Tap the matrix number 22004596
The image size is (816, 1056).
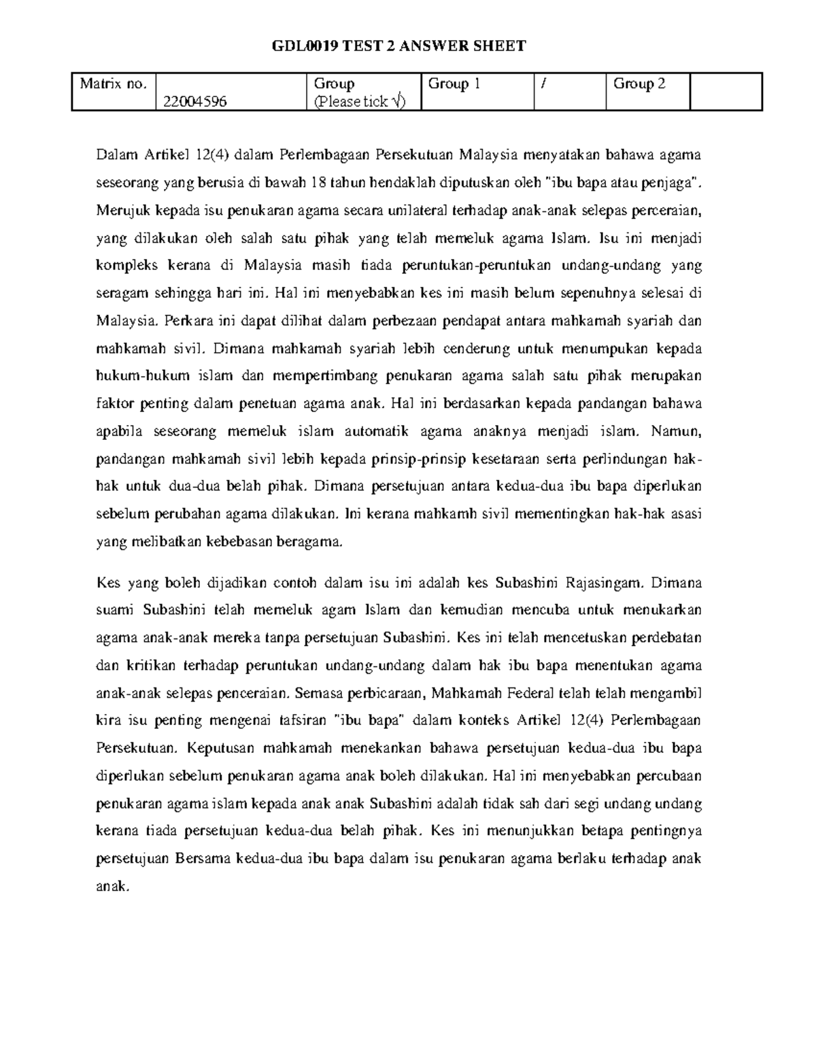coord(195,102)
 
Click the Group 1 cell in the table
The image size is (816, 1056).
coord(454,84)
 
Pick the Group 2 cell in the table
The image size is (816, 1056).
coord(639,84)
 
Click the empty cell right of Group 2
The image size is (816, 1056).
coord(725,92)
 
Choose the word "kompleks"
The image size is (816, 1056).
coord(124,266)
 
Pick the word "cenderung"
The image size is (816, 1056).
coord(476,349)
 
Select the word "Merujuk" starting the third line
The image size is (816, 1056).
coord(122,211)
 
